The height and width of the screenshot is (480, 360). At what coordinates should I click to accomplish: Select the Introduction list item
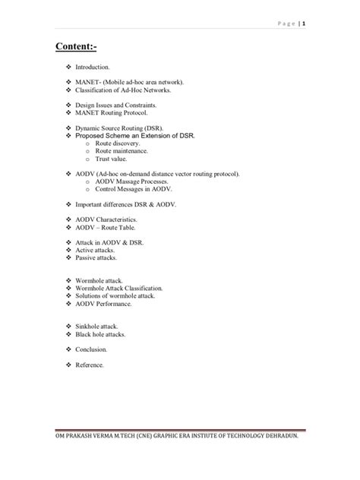click(x=93, y=68)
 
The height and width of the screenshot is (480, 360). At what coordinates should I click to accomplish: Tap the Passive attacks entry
click(x=96, y=257)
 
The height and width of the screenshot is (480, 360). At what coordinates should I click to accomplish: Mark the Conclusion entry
click(x=91, y=349)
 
